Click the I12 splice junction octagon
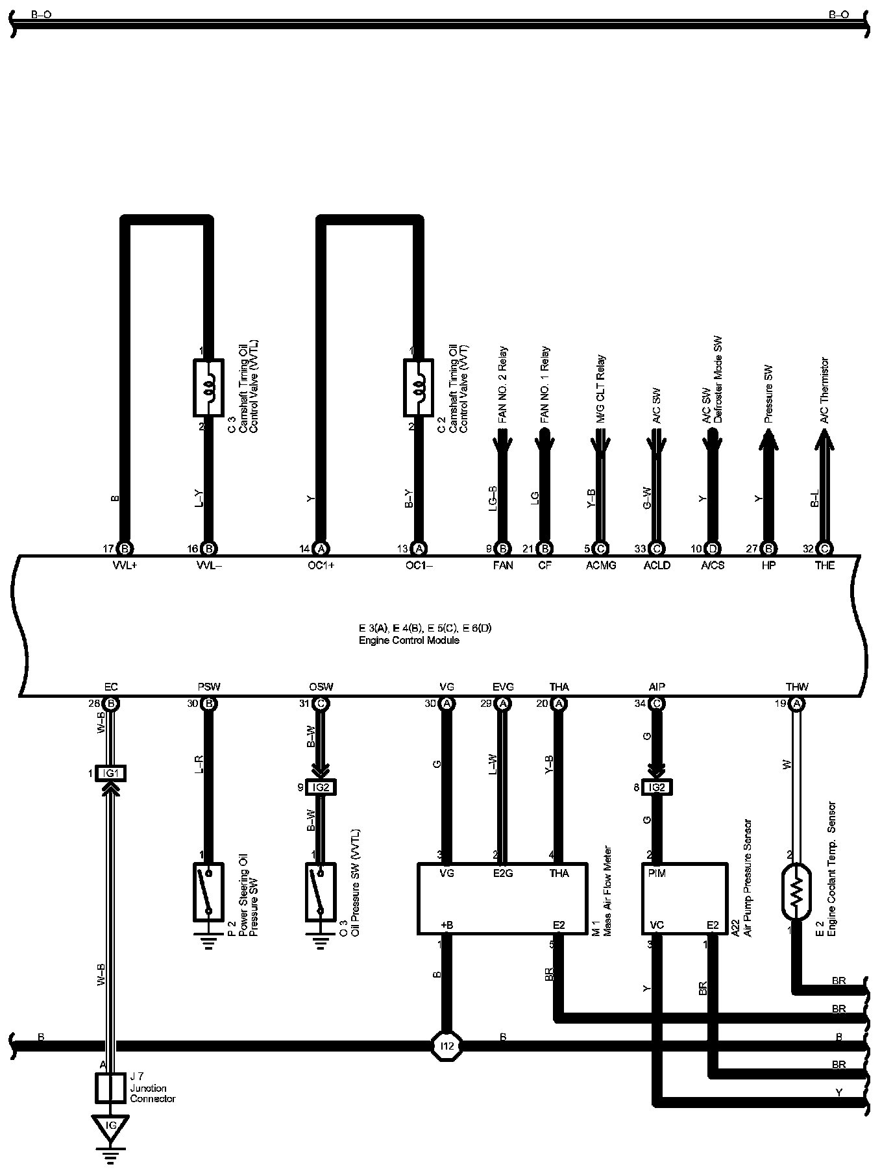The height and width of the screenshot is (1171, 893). [x=446, y=1046]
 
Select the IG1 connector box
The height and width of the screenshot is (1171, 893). [x=110, y=773]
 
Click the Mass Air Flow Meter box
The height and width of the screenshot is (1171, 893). [x=502, y=898]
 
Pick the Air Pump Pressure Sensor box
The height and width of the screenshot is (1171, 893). [x=685, y=898]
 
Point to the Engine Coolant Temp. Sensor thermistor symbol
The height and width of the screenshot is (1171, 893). [x=796, y=891]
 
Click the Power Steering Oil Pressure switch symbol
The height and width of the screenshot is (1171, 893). [x=208, y=891]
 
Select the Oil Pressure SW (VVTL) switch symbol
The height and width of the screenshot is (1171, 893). [x=321, y=891]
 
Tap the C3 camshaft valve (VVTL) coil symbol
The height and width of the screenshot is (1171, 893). [x=208, y=388]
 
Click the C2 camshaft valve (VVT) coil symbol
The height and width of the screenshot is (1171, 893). [x=419, y=388]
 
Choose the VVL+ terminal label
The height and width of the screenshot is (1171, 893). [x=125, y=565]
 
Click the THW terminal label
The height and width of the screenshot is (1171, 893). [x=796, y=687]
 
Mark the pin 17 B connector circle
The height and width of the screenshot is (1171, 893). [x=126, y=549]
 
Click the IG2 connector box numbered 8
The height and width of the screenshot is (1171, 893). [x=657, y=787]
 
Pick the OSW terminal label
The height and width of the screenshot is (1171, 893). [x=321, y=687]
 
